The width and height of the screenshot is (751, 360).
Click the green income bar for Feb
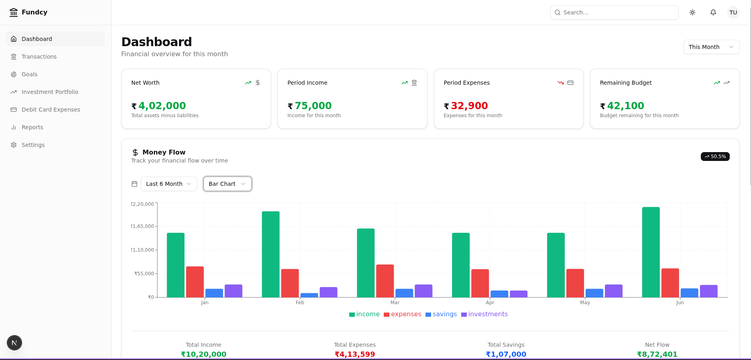point(271,254)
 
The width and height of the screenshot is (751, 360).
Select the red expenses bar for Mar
point(385,281)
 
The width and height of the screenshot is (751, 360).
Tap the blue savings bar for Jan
point(214,293)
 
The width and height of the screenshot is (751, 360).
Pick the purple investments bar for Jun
point(708,291)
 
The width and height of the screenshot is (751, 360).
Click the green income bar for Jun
point(651,252)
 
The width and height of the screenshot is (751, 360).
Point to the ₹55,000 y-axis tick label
point(144,274)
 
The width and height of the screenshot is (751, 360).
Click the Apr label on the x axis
point(490,303)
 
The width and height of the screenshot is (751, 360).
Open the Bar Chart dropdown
point(227,184)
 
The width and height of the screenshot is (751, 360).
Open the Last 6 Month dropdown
point(169,184)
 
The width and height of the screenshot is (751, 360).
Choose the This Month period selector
point(711,47)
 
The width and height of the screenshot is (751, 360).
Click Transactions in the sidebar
point(39,57)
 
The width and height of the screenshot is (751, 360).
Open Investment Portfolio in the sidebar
point(50,92)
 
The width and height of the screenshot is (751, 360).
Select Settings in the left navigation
point(33,145)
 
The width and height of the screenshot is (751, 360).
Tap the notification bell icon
point(713,12)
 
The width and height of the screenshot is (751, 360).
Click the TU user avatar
point(733,12)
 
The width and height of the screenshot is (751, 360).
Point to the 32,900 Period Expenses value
point(469,106)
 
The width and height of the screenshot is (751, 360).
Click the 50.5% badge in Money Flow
point(715,157)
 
